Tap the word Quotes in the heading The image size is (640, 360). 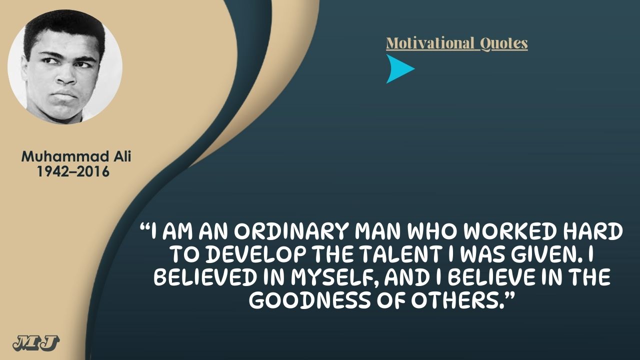pos(503,44)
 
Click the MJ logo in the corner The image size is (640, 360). pos(36,343)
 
